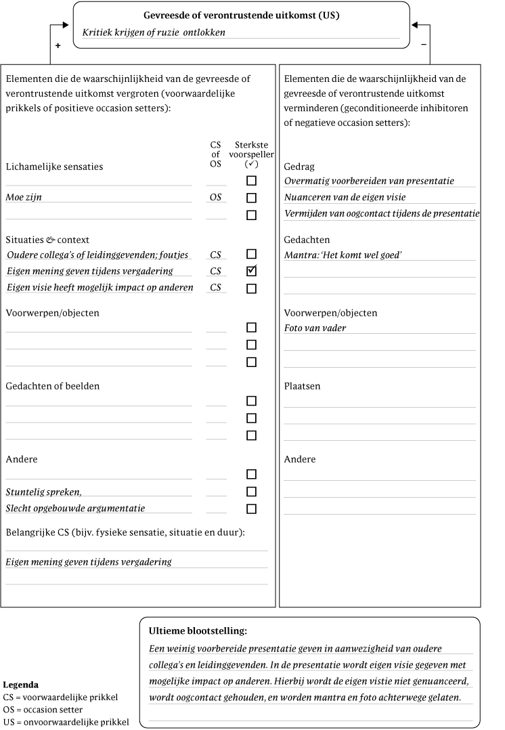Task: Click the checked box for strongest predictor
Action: (x=252, y=272)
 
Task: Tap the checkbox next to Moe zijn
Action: (x=252, y=198)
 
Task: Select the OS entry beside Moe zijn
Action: (x=216, y=198)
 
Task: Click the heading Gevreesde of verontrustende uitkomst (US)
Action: (x=242, y=15)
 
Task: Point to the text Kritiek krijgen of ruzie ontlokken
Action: (x=154, y=33)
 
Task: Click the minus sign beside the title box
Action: (x=424, y=45)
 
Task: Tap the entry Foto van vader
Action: (x=315, y=328)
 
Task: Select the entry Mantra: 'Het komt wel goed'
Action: (x=349, y=255)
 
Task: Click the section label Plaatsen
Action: (x=302, y=387)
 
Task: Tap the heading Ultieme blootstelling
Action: (x=198, y=631)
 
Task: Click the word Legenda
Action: (x=21, y=685)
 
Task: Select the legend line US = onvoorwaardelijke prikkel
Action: (x=66, y=722)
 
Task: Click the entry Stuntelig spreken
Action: (x=48, y=492)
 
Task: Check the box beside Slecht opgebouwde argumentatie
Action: (x=252, y=509)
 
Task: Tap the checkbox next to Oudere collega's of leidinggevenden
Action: (x=252, y=255)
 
